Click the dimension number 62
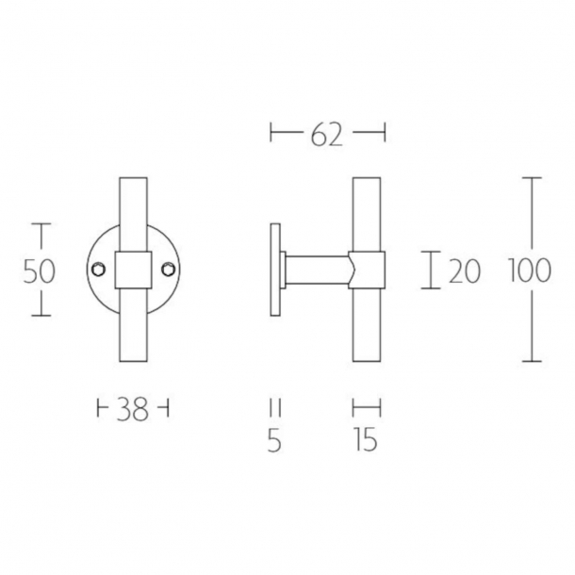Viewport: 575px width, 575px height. (327, 137)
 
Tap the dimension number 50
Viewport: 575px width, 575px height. (39, 271)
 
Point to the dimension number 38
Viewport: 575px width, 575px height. (134, 410)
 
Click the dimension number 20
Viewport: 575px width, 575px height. (465, 271)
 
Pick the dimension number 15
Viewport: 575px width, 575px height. (367, 440)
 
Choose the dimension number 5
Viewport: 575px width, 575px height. (275, 440)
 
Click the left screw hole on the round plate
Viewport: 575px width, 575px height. (97, 271)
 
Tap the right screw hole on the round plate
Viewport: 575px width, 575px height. (167, 271)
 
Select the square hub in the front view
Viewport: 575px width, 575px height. (132, 270)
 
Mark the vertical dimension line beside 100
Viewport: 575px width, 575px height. (534, 226)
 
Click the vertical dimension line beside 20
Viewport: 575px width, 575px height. (432, 271)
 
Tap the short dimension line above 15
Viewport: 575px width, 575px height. (367, 408)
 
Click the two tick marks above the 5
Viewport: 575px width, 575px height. (275, 408)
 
